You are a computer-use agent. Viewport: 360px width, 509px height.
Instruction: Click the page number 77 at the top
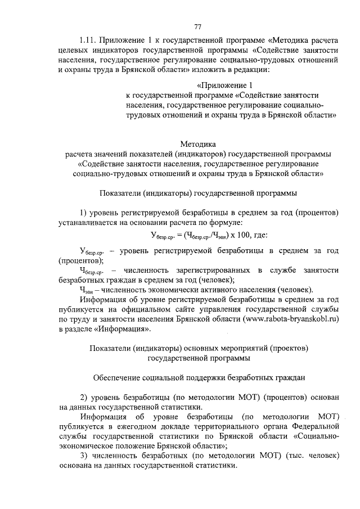(x=197, y=26)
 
